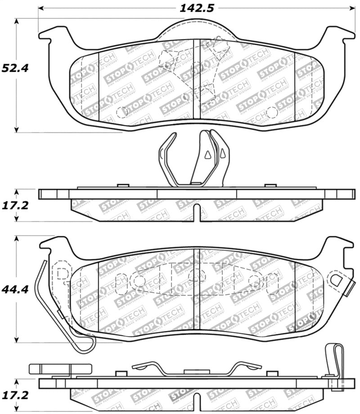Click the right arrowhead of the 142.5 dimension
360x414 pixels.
(351, 8)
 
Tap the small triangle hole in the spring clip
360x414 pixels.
(207, 155)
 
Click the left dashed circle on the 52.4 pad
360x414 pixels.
(121, 112)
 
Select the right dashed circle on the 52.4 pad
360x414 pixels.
(271, 112)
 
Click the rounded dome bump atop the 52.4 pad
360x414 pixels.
(197, 28)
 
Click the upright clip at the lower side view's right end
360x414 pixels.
(334, 360)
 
